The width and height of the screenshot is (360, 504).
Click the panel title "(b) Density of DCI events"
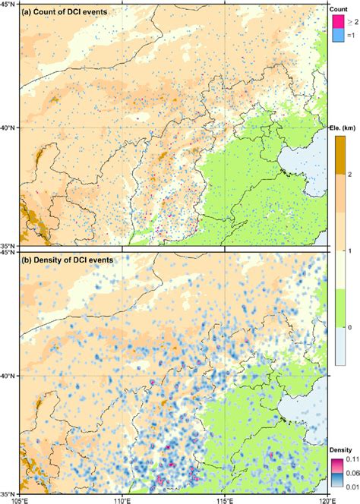tap(68, 260)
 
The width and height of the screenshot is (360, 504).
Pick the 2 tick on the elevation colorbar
tap(352, 175)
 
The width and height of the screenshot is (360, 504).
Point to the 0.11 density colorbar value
tap(352, 459)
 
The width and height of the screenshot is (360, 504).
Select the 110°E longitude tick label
tap(124, 499)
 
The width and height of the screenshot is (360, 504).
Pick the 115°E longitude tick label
tap(226, 499)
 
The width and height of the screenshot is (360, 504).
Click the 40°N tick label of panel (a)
tap(10, 128)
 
